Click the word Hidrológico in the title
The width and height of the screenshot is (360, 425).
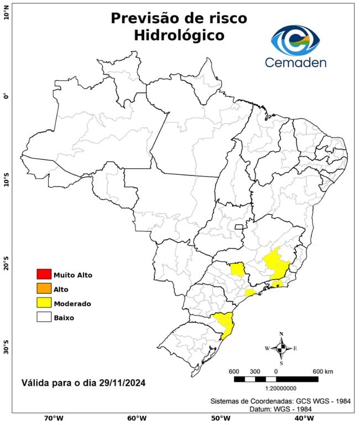179,35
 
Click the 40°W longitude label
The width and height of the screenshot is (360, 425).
302,418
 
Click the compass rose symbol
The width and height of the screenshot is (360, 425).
281,348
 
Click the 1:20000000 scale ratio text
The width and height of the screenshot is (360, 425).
276,388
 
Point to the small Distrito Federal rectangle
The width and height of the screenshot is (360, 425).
239,227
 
